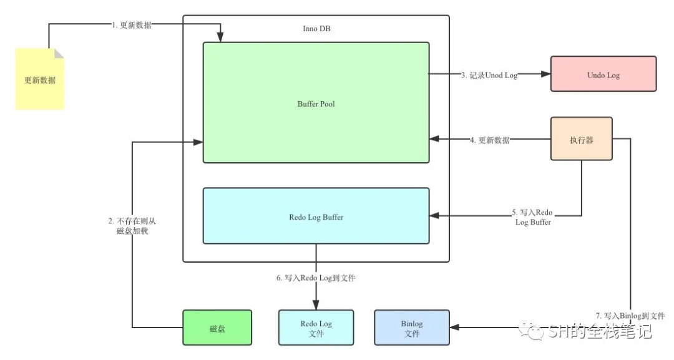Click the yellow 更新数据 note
pos(40,80)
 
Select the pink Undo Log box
pos(603,74)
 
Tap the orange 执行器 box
pos(581,140)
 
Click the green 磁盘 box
pos(217,328)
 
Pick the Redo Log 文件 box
pos(316,328)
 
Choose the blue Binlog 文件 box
pos(412,328)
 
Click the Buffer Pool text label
pos(316,104)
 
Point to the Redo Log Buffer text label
pos(316,217)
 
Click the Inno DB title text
pos(316,29)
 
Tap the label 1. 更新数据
pos(132,25)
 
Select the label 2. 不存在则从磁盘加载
pos(132,226)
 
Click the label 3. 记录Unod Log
pos(489,75)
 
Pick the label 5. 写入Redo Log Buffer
pos(533,217)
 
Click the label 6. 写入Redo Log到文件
pos(316,278)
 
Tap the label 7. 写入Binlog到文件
pos(630,316)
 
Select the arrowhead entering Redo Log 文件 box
pos(316,306)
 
